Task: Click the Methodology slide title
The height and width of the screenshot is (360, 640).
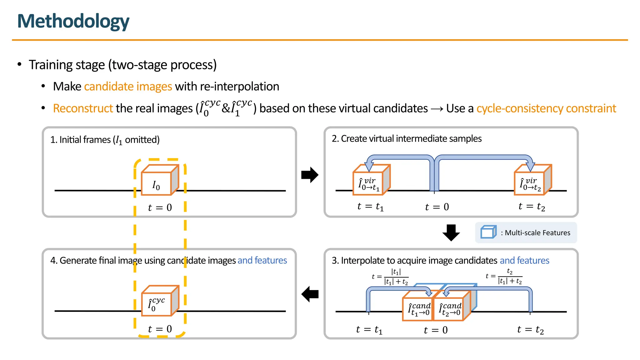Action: pos(73,21)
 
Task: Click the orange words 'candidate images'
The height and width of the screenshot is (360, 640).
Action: pos(128,86)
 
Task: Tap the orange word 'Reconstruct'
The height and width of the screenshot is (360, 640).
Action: pos(83,108)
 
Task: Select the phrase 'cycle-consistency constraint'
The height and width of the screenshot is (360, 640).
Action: pos(546,108)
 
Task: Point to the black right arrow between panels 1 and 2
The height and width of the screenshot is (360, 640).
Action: pos(309,175)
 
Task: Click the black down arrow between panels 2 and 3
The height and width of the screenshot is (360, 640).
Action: pos(451,232)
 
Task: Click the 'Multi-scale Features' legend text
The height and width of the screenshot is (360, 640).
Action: pos(537,233)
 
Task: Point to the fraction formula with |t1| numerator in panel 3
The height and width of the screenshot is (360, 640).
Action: pos(390,277)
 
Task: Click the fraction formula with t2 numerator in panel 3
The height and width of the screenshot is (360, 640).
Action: pos(504,276)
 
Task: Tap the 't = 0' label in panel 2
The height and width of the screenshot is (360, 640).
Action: pos(437,207)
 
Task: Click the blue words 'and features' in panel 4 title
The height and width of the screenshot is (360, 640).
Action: pos(262,260)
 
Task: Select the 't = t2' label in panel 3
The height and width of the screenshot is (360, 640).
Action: pos(530,330)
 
